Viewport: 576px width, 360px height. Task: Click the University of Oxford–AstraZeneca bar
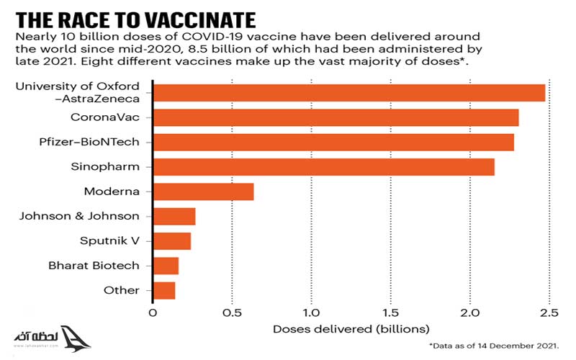[349, 93]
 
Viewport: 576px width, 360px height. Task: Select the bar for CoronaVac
[336, 117]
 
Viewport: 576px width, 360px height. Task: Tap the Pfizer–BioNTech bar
[333, 142]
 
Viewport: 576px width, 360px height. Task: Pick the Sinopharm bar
[324, 166]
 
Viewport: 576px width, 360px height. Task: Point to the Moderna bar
[204, 192]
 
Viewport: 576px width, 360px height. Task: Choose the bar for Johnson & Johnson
[174, 216]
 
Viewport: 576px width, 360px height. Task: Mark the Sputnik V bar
[172, 240]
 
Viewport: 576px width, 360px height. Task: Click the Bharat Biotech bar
[166, 266]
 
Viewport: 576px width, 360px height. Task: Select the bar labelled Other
[164, 290]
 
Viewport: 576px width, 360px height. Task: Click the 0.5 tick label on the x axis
[232, 313]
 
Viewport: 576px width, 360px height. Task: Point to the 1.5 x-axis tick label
[390, 313]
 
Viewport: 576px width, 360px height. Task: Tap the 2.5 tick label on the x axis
[549, 313]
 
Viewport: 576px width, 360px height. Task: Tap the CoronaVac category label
[105, 117]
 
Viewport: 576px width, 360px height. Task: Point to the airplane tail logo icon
[74, 338]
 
